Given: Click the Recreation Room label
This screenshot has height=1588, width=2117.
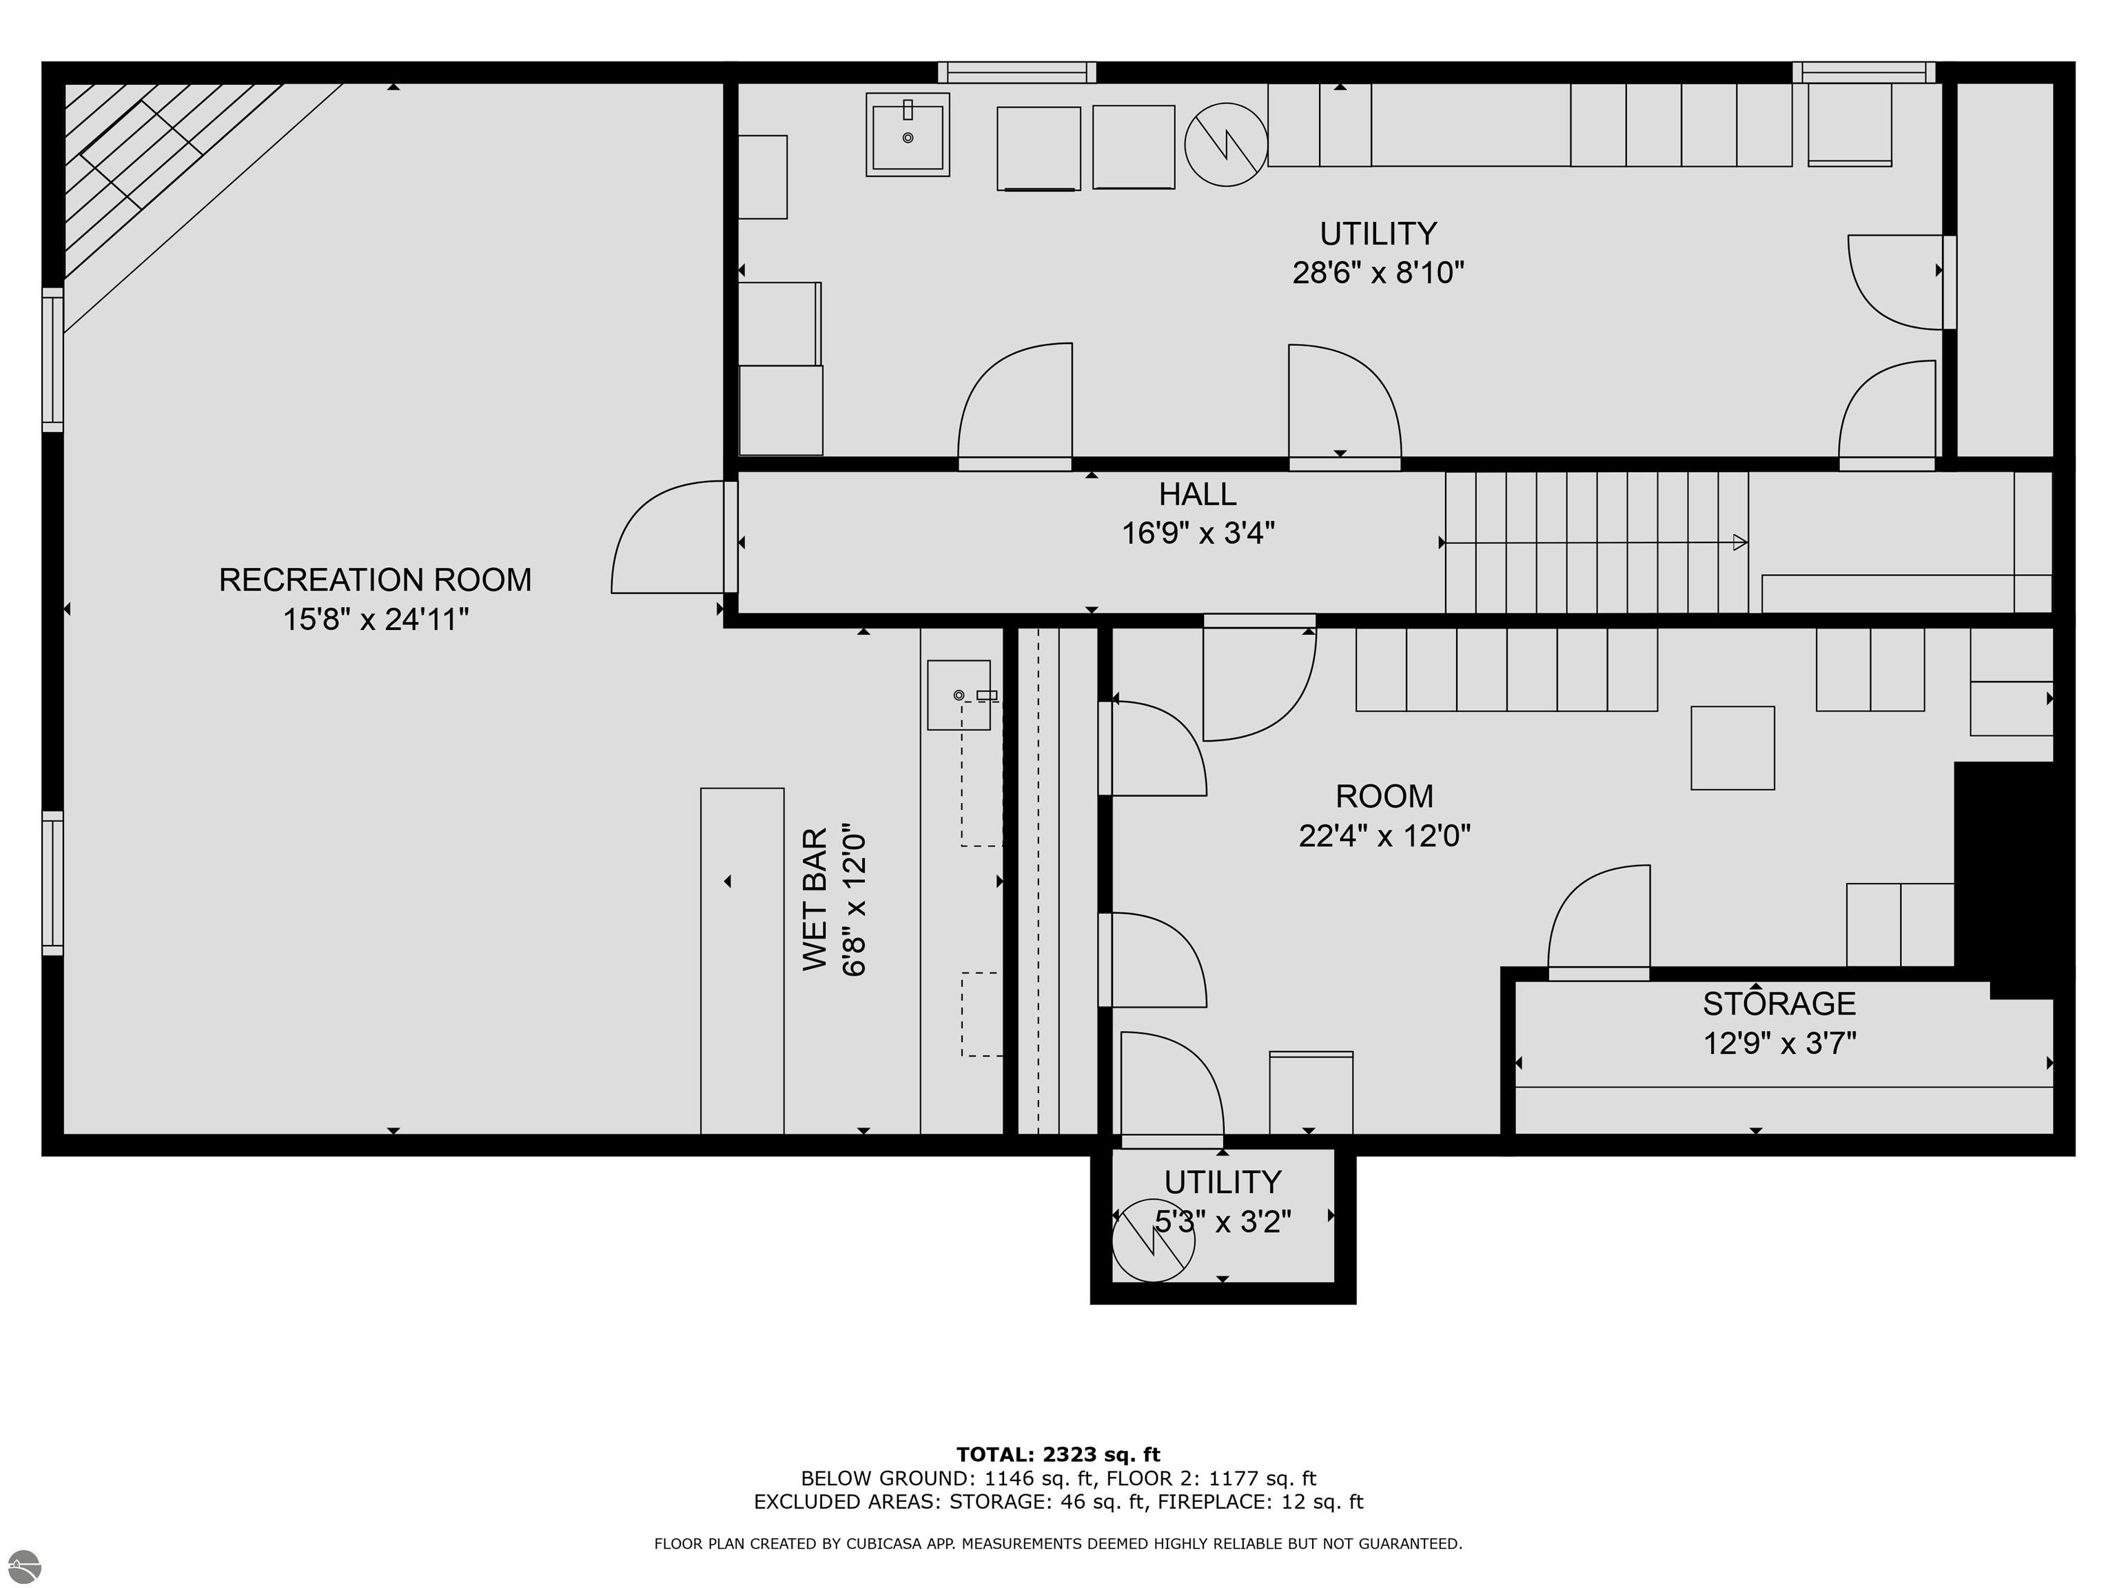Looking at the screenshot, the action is [x=375, y=580].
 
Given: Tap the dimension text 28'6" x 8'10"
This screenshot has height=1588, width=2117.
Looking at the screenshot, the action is [x=1378, y=273].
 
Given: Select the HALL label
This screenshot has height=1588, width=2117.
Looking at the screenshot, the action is [x=1197, y=494].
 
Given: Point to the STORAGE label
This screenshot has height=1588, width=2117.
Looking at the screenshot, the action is [x=1779, y=1003].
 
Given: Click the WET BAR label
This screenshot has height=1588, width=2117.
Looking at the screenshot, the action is [x=815, y=899].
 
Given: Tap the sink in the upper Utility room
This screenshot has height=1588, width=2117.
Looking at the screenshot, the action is [x=908, y=134].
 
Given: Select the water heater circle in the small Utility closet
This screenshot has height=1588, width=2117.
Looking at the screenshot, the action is [x=1153, y=1241].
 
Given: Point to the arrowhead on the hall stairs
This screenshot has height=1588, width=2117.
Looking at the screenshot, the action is [x=1740, y=542].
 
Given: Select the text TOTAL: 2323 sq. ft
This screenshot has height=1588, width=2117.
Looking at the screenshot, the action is [x=1058, y=1455].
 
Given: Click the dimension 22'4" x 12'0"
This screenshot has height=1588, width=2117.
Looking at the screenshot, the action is [x=1384, y=835].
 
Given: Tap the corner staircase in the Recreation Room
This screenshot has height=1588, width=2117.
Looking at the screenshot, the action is [x=172, y=172].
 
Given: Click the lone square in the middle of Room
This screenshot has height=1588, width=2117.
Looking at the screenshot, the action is [x=1732, y=749].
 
